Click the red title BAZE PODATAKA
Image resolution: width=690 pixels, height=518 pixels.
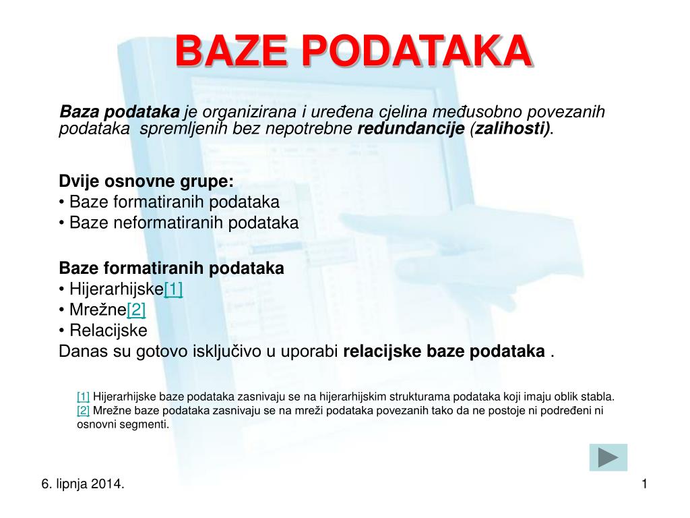352,51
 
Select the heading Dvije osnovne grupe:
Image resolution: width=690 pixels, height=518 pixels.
146,181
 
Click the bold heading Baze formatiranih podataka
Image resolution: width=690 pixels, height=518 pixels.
171,268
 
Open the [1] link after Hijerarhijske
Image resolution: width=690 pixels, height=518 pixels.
173,289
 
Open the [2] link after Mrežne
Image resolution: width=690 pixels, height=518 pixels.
135,310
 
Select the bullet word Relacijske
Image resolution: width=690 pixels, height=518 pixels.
108,330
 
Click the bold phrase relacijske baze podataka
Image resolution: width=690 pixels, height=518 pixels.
444,351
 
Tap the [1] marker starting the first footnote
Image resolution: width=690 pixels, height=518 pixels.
83,397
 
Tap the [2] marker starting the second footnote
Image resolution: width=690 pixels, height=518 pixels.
83,410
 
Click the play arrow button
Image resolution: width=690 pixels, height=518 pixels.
608,457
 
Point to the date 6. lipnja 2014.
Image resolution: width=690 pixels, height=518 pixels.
82,484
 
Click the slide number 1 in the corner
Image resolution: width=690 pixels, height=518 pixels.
644,483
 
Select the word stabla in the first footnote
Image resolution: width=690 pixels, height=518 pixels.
598,397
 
